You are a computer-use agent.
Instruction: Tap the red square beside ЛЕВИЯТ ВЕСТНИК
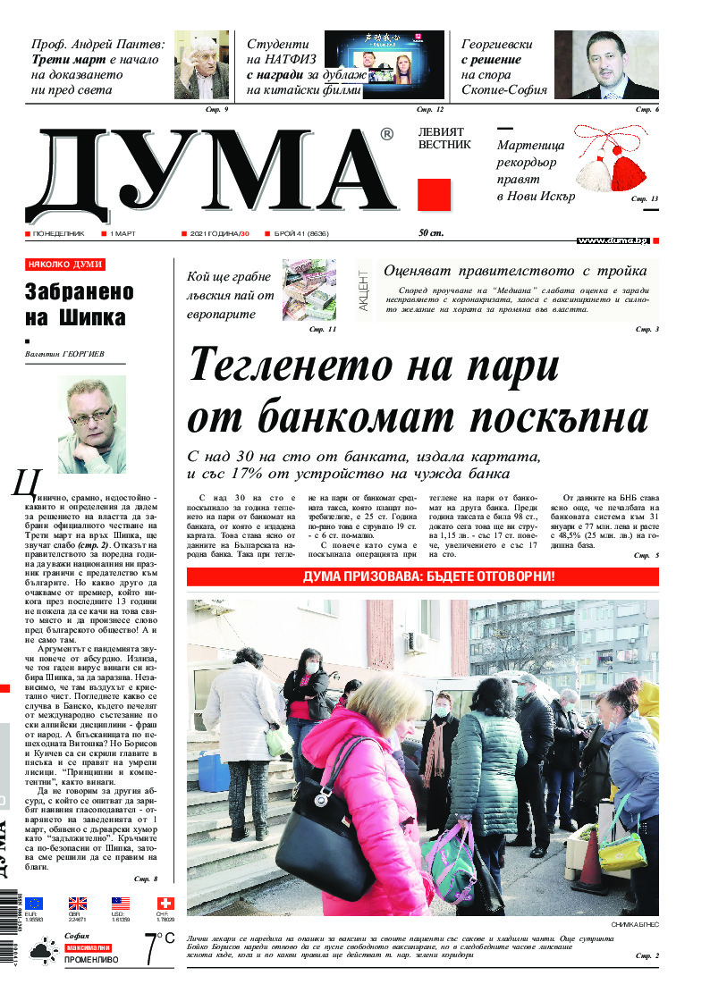pyautogui.click(x=434, y=195)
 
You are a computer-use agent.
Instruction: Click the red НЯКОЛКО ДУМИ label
pyautogui.click(x=65, y=265)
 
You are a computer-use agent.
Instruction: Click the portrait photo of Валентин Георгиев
pyautogui.click(x=92, y=424)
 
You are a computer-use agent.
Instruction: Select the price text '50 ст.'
pyautogui.click(x=431, y=233)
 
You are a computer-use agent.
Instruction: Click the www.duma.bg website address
pyautogui.click(x=613, y=240)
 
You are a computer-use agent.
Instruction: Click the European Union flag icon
pyautogui.click(x=34, y=904)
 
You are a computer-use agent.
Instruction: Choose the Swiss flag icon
pyautogui.click(x=165, y=904)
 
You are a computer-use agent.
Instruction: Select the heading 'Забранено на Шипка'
pyautogui.click(x=79, y=304)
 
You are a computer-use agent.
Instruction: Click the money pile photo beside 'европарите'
pyautogui.click(x=309, y=290)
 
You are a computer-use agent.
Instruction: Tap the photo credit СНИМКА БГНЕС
pyautogui.click(x=635, y=923)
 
